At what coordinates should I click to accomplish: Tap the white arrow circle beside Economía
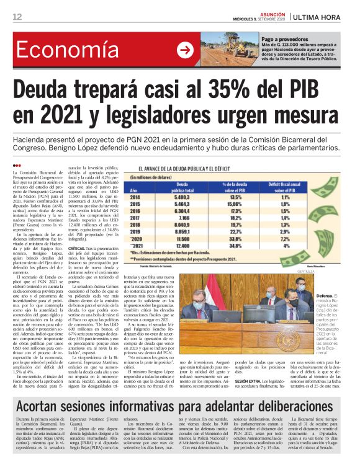pyautogui.click(x=185, y=51)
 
